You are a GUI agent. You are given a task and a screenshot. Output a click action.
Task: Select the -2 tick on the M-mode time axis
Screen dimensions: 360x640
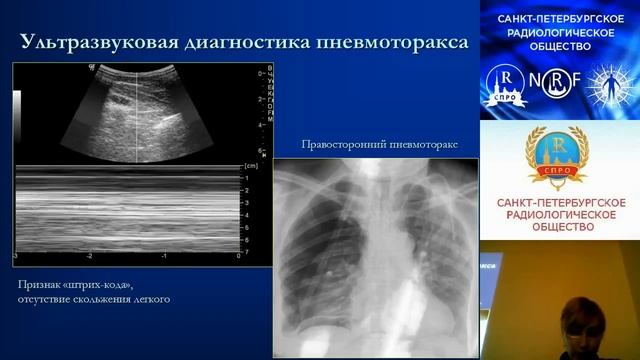90,256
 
